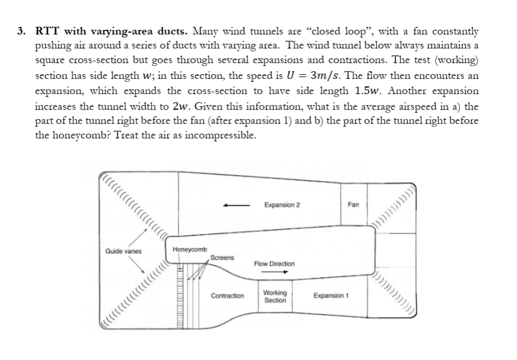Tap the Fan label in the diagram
(353, 205)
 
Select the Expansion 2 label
(282, 205)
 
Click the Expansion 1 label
(331, 296)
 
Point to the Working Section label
(275, 296)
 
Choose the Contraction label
(228, 296)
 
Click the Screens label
(222, 257)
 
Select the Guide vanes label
(123, 251)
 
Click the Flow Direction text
(274, 264)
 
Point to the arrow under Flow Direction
(271, 272)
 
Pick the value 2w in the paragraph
(179, 106)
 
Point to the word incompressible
(220, 137)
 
